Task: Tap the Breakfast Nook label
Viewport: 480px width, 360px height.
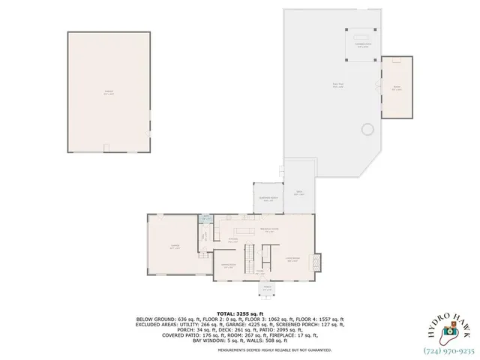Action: click(269, 230)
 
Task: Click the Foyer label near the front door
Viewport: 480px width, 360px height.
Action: click(259, 271)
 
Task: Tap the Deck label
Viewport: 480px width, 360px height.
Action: click(298, 194)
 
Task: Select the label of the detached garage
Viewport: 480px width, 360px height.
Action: click(109, 94)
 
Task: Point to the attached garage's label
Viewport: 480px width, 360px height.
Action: click(174, 247)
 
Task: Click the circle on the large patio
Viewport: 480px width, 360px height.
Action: click(367, 130)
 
